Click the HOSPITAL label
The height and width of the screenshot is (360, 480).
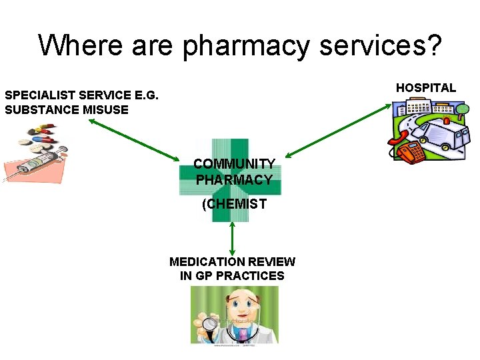click(426, 87)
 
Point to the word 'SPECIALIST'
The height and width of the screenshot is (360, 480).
click(41, 95)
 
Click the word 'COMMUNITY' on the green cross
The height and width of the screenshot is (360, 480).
click(234, 164)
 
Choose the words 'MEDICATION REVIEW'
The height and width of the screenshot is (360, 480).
click(232, 262)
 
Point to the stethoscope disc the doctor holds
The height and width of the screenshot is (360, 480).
click(211, 325)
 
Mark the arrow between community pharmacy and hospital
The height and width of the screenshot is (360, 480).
click(334, 128)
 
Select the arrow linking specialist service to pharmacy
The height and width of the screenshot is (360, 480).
click(133, 140)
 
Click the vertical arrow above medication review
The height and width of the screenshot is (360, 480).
click(232, 239)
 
